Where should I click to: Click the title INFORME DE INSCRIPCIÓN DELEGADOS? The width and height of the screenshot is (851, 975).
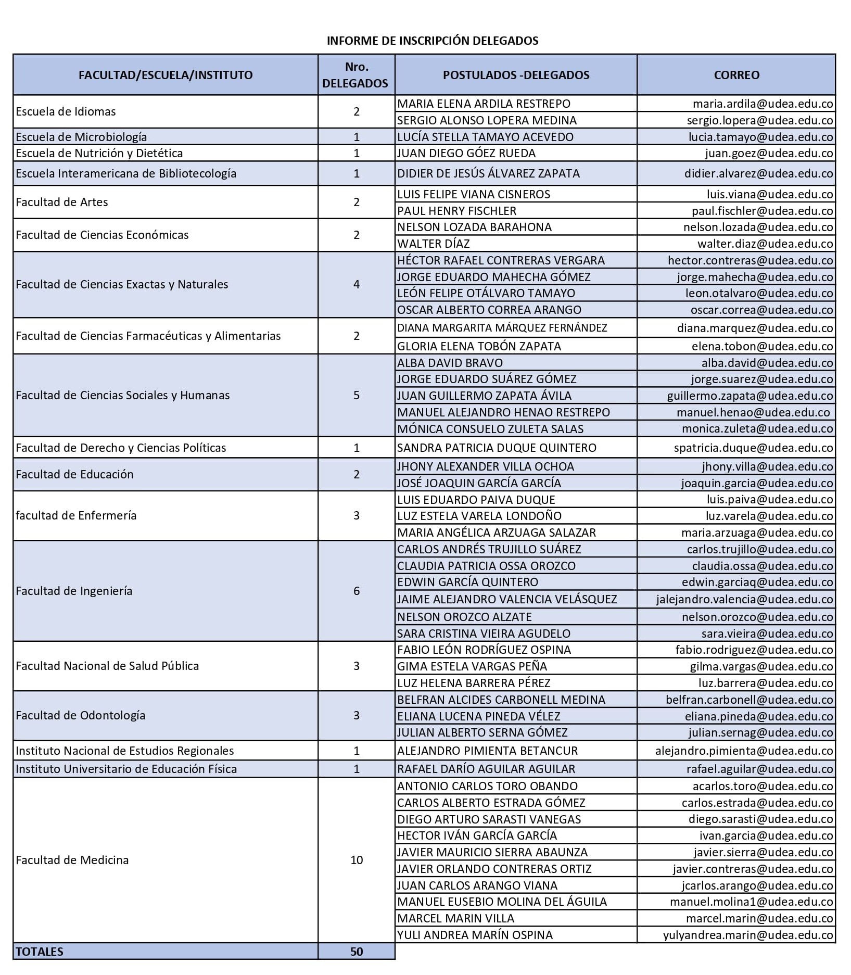click(432, 41)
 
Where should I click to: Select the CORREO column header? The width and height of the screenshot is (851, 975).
click(736, 75)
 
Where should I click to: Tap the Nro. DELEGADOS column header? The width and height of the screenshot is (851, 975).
click(355, 75)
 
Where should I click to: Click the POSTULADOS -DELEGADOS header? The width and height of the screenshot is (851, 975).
click(516, 75)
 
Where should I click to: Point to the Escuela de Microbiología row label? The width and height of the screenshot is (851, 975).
click(81, 137)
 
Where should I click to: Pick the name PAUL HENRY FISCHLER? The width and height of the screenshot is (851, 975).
click(456, 211)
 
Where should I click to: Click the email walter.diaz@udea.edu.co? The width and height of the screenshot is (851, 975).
click(765, 244)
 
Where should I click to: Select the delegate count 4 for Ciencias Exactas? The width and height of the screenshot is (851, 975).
click(357, 284)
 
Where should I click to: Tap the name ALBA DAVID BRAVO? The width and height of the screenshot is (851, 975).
click(450, 363)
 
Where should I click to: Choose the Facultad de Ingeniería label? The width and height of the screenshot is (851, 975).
click(74, 591)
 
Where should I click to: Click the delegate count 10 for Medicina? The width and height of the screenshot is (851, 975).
click(357, 860)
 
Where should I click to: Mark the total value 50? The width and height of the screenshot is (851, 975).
click(357, 952)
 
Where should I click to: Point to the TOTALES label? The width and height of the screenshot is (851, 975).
click(40, 952)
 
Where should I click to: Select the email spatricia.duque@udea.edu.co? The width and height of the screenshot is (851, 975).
click(753, 448)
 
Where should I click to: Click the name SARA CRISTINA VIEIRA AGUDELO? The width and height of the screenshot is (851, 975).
click(484, 634)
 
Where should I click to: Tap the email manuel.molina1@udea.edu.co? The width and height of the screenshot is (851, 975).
click(751, 902)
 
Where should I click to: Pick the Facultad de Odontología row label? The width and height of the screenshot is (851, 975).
click(80, 715)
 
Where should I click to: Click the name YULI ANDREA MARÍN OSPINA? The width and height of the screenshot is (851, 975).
click(475, 935)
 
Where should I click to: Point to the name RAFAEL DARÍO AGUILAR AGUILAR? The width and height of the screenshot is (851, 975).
click(486, 769)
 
